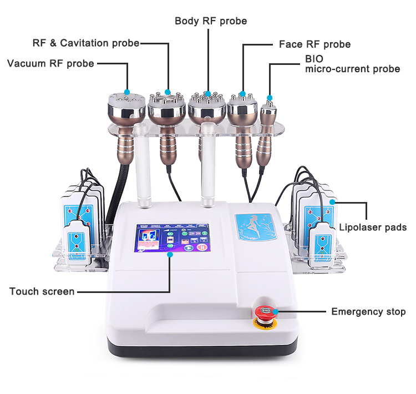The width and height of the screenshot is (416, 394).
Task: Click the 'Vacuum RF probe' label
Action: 50,64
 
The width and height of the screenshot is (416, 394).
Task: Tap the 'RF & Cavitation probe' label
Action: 86,43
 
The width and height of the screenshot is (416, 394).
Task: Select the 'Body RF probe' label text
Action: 211,21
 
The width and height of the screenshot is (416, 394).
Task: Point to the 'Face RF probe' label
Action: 315,44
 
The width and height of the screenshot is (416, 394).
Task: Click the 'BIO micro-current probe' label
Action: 353,64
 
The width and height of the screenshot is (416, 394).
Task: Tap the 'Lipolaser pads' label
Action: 373,228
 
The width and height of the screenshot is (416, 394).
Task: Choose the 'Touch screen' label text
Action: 42,291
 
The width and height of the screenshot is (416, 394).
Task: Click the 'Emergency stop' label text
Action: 368,311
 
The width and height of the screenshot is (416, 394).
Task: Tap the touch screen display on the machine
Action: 173,238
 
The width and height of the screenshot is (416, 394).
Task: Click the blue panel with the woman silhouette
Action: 255,226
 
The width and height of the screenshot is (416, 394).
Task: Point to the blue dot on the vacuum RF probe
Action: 127,92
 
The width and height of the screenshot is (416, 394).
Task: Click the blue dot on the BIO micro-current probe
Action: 270,98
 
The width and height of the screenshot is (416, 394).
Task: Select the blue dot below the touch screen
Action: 170,255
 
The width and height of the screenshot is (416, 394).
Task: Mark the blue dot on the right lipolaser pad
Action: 332,202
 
